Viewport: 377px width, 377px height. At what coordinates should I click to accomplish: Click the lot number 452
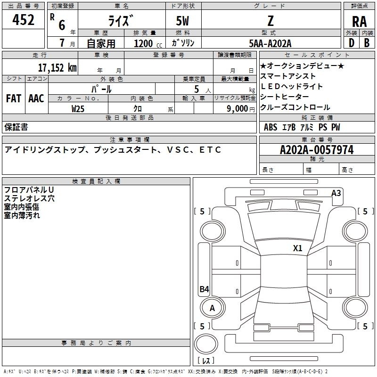point(23,19)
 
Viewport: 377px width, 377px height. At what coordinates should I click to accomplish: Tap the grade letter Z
point(270,21)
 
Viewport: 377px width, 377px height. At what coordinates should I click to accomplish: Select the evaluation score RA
point(359,22)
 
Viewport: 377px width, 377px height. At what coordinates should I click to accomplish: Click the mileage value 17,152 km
point(57,67)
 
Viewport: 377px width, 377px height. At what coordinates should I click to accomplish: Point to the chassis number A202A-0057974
point(317,150)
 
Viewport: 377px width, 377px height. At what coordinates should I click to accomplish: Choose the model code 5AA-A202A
point(270,43)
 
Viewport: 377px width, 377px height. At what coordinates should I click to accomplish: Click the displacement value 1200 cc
point(148,43)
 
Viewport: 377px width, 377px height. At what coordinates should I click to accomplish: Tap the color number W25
point(78,109)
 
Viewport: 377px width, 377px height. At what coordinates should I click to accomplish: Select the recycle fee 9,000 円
point(241,109)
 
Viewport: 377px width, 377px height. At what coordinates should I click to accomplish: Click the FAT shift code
point(14,98)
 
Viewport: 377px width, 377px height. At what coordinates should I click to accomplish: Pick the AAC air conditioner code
point(36,98)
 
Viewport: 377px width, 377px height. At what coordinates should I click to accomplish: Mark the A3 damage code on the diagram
point(336,193)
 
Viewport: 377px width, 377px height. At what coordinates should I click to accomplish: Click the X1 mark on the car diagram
point(297,248)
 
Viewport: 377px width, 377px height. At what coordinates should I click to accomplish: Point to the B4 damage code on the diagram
point(205,289)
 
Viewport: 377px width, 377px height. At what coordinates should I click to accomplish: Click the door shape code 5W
point(182,21)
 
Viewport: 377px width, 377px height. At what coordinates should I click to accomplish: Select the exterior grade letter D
point(352,43)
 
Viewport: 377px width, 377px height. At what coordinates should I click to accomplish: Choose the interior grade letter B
point(367,43)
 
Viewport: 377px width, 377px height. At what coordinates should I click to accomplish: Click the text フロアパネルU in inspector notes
point(29,190)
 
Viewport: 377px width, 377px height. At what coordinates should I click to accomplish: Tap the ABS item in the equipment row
point(270,127)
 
